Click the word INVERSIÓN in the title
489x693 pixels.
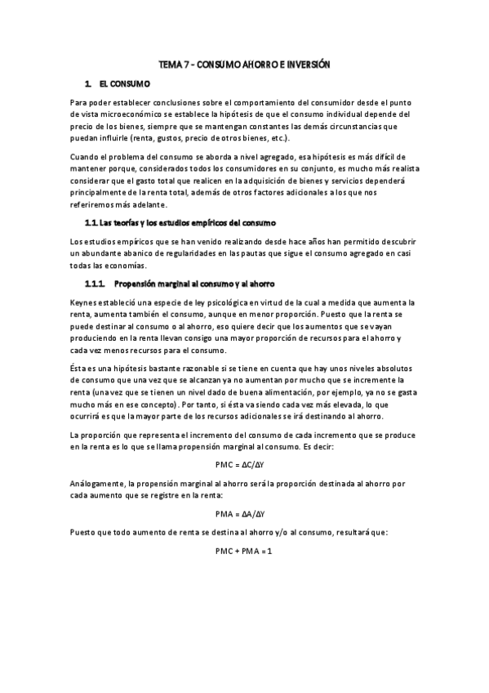click(308, 64)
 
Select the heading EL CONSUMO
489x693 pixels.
click(125, 83)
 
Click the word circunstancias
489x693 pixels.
click(344, 126)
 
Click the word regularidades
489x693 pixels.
click(193, 254)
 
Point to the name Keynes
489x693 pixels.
click(86, 302)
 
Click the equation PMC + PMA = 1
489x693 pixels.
click(243, 551)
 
